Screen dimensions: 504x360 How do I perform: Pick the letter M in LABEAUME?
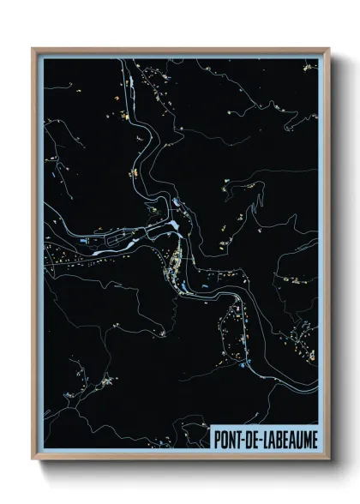pyautogui.click(x=304, y=439)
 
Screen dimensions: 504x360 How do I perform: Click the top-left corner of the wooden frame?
pyautogui.click(x=33, y=49)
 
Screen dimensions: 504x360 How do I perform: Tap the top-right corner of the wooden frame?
pyautogui.click(x=328, y=49)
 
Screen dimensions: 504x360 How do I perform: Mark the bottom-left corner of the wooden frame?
pyautogui.click(x=33, y=459)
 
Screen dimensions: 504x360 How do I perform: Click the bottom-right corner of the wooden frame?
pyautogui.click(x=328, y=459)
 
